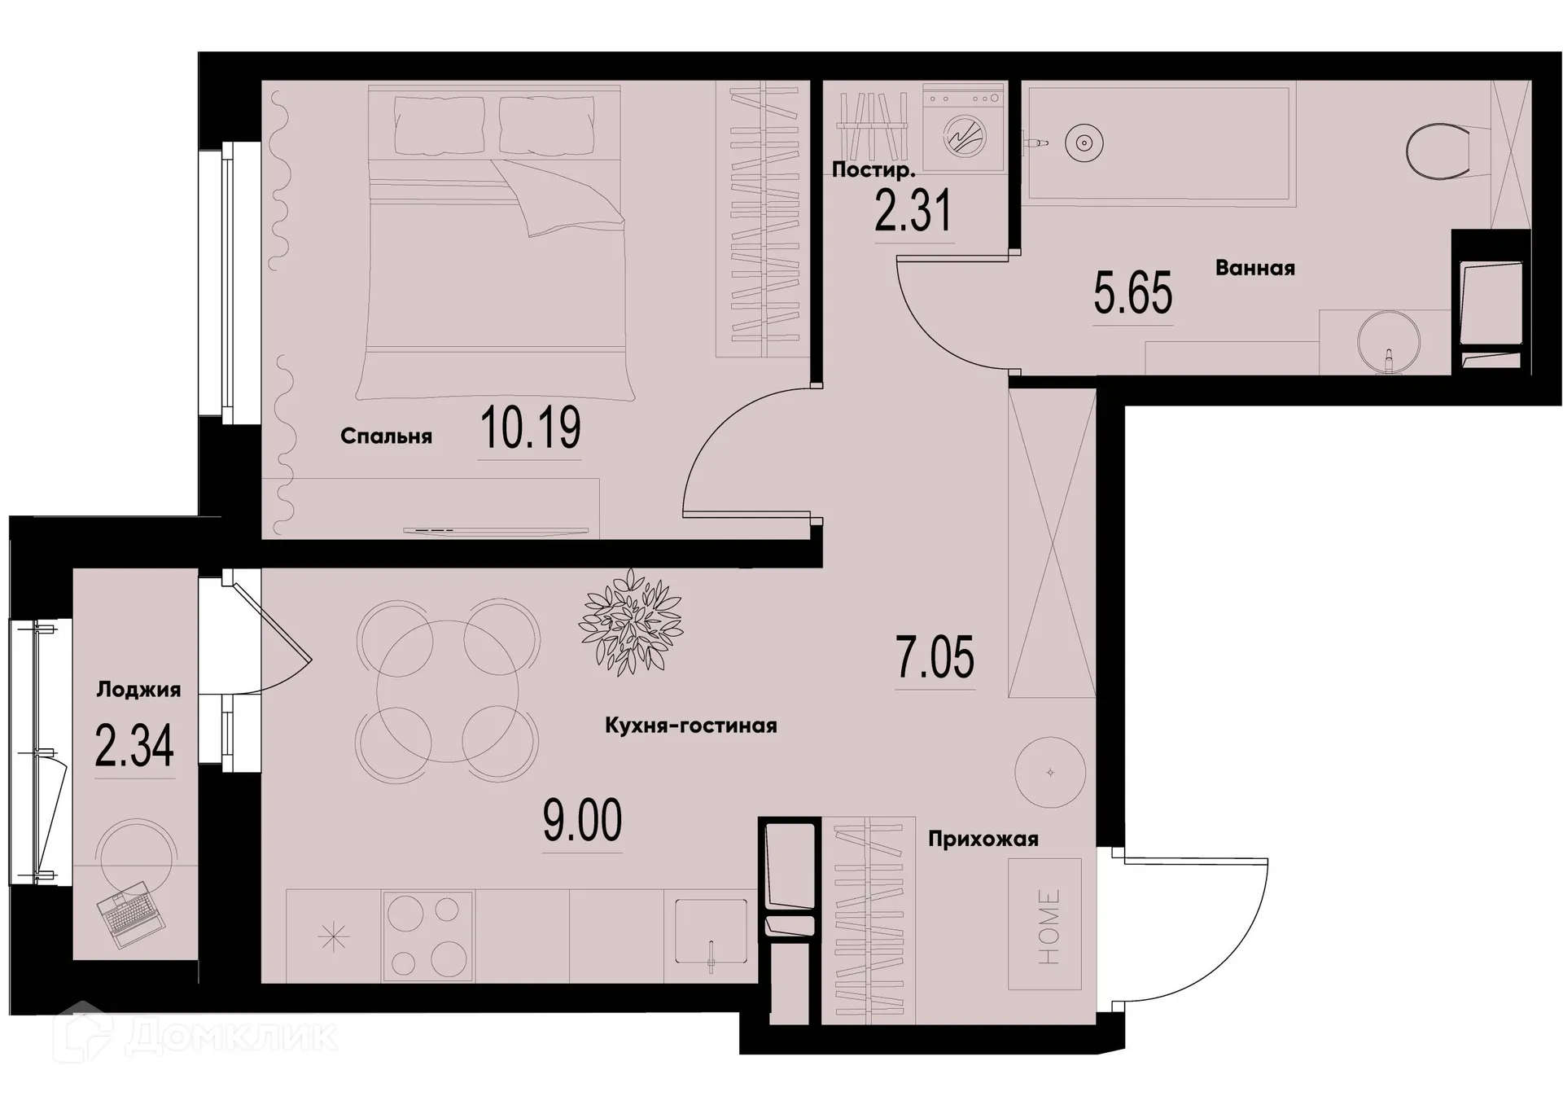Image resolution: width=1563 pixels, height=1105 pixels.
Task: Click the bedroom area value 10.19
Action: coord(531,428)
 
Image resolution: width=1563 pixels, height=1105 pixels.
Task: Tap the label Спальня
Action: coord(386,436)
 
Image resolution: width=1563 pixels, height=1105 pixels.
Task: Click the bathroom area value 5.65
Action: coord(1132,294)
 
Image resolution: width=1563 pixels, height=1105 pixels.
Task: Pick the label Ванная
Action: coord(1254,268)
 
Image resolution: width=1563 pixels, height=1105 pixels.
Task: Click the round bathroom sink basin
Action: coord(1389,341)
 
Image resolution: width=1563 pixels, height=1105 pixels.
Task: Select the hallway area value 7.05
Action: coord(935,658)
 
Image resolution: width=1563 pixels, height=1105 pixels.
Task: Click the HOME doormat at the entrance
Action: coord(1045,924)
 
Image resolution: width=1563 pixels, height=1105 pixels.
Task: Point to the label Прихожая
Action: coord(983,840)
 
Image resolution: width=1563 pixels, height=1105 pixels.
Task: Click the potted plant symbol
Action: coord(630,622)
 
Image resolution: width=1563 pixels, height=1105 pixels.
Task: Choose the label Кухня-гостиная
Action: coord(690,726)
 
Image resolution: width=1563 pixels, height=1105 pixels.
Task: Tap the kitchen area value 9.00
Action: coord(582,821)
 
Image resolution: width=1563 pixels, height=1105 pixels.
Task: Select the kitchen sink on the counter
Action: coord(711,933)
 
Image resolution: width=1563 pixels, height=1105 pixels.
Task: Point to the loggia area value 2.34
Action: coord(134,747)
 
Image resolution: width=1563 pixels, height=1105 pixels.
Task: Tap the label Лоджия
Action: coord(138,690)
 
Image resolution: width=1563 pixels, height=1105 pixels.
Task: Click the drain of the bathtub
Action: coord(1084,143)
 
